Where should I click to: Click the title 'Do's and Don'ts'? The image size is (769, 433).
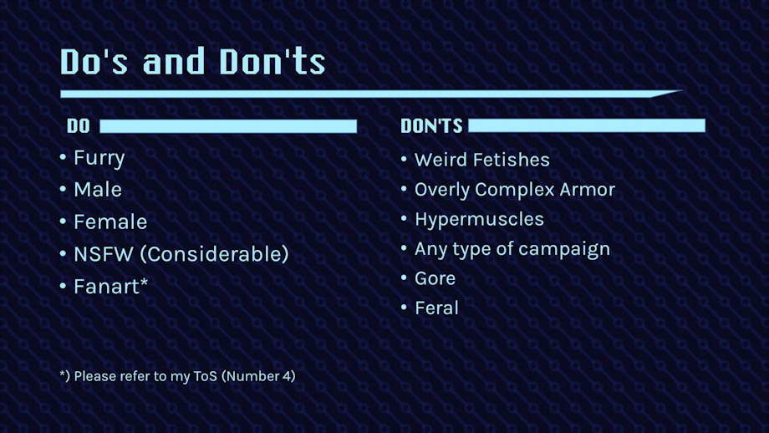click(193, 62)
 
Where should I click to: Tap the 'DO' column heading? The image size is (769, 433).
click(79, 126)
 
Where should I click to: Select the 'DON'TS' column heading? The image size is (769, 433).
click(431, 126)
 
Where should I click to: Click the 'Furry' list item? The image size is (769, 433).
click(99, 158)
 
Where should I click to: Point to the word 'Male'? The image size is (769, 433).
click(98, 190)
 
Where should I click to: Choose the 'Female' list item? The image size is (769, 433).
click(110, 222)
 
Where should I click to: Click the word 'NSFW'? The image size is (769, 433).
click(104, 254)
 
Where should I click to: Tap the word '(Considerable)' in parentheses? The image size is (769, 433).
click(214, 254)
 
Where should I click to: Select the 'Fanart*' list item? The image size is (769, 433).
click(111, 287)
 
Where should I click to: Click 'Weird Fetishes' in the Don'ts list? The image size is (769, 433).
click(482, 160)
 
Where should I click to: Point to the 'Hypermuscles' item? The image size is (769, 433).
click(479, 220)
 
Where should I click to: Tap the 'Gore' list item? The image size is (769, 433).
click(435, 278)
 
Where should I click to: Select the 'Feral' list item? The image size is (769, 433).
click(436, 308)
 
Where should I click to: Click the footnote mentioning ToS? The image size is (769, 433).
click(177, 376)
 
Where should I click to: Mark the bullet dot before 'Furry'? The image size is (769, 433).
click(63, 157)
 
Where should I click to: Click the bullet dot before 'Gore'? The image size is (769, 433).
click(404, 278)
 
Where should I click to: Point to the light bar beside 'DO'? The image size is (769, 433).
click(228, 126)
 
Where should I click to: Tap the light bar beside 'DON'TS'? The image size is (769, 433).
click(587, 125)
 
